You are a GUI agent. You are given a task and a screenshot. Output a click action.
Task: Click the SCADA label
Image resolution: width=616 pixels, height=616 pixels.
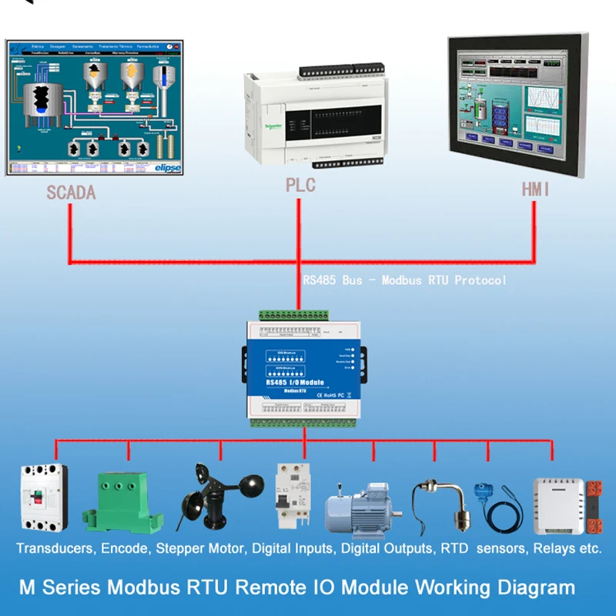tap(71, 192)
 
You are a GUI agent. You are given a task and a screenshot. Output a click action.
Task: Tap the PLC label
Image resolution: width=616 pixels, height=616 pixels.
tap(300, 186)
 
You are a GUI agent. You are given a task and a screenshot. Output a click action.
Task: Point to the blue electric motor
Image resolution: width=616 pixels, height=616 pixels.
tap(360, 511)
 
